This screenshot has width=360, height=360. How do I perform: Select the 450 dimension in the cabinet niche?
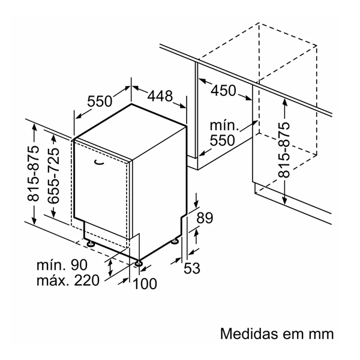coord(223,91)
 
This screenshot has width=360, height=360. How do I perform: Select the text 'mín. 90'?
coord(61,265)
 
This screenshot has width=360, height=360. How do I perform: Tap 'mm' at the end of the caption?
coord(321,333)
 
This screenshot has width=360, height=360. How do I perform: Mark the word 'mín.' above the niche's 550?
coord(224,126)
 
